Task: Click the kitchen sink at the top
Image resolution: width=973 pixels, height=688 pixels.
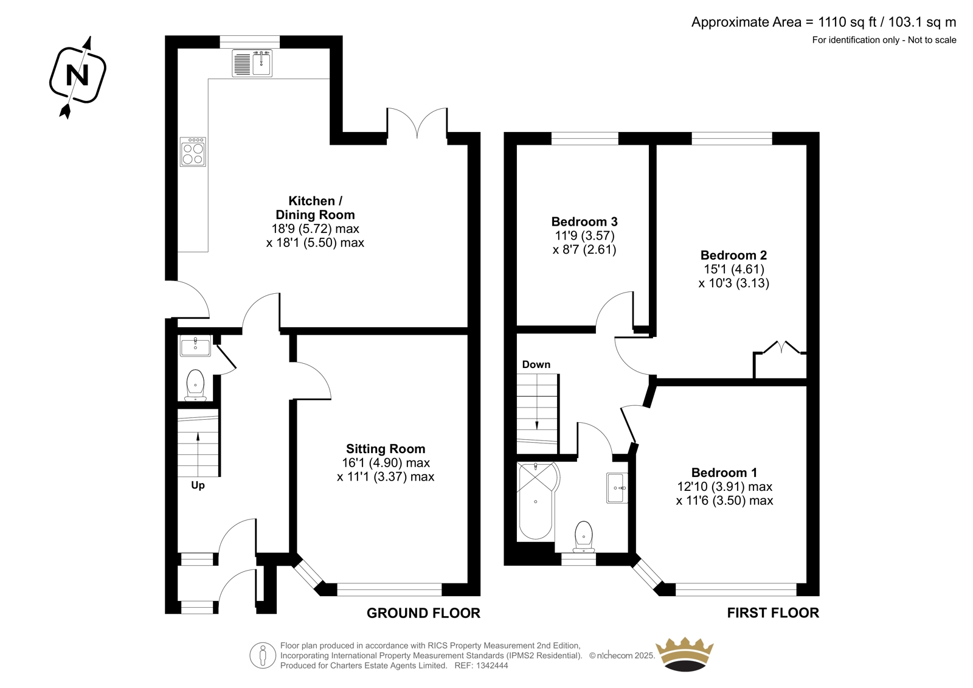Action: pyautogui.click(x=252, y=63)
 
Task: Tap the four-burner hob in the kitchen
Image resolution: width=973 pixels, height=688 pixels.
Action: pyautogui.click(x=193, y=151)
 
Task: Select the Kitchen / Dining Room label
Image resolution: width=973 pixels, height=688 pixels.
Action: pyautogui.click(x=316, y=208)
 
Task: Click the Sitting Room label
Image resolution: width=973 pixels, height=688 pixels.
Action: pyautogui.click(x=386, y=448)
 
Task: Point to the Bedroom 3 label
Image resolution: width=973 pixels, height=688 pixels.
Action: pyautogui.click(x=584, y=221)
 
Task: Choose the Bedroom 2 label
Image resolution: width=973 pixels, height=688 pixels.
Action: pyautogui.click(x=733, y=255)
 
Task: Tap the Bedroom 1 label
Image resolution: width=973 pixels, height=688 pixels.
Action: pyautogui.click(x=724, y=473)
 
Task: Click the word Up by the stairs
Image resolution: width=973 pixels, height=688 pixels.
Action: pyautogui.click(x=198, y=485)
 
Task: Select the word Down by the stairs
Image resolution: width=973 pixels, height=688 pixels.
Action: pyautogui.click(x=536, y=364)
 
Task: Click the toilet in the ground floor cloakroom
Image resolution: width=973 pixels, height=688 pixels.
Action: pyautogui.click(x=195, y=385)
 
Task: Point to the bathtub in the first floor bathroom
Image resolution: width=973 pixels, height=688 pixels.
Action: pyautogui.click(x=538, y=501)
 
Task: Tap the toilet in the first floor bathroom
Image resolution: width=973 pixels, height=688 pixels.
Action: pyautogui.click(x=583, y=537)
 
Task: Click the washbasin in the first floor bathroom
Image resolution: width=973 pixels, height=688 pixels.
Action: pyautogui.click(x=617, y=488)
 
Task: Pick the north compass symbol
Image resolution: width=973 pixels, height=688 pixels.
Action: pyautogui.click(x=78, y=76)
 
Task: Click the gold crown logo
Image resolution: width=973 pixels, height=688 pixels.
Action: pyautogui.click(x=684, y=654)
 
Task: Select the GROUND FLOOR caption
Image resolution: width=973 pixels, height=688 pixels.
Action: pyautogui.click(x=423, y=613)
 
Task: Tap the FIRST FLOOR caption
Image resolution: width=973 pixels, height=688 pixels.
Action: pyautogui.click(x=773, y=613)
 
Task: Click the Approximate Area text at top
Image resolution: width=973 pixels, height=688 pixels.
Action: pyautogui.click(x=823, y=22)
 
